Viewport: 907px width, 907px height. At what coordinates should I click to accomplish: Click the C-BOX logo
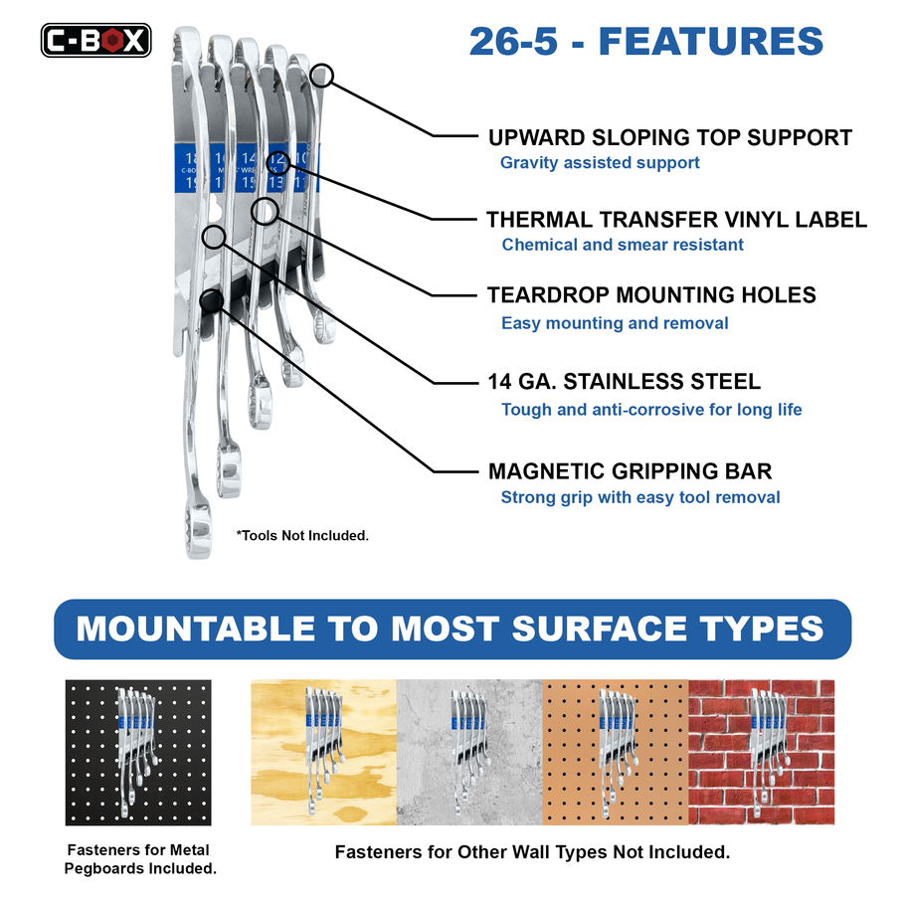(x=95, y=40)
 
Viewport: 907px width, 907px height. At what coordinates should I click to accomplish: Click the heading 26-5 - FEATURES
(x=645, y=42)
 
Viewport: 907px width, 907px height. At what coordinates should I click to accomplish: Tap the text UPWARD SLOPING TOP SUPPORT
(x=669, y=138)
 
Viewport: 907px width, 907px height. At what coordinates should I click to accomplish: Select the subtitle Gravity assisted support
(x=600, y=162)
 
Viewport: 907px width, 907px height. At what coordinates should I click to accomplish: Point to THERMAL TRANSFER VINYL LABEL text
(x=676, y=220)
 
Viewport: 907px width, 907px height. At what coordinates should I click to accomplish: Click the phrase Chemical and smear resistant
(x=623, y=245)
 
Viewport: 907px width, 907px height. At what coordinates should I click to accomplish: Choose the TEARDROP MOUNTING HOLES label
(x=651, y=295)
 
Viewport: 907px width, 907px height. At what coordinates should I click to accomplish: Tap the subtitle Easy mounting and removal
(x=615, y=323)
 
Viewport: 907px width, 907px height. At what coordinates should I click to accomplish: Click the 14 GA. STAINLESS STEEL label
(x=624, y=382)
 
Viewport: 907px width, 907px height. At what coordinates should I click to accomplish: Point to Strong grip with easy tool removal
(x=640, y=497)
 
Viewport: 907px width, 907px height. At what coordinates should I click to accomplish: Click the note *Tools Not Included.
(x=302, y=535)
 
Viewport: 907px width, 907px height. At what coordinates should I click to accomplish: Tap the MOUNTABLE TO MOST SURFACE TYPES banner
(x=453, y=629)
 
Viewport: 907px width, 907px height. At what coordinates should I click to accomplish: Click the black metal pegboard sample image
(x=138, y=752)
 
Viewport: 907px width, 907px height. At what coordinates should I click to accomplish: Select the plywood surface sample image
(x=323, y=752)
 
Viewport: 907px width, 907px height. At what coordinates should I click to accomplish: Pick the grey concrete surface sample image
(x=469, y=752)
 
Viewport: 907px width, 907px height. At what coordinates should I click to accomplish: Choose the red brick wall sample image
(x=761, y=752)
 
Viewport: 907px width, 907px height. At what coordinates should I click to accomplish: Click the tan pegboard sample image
(x=616, y=752)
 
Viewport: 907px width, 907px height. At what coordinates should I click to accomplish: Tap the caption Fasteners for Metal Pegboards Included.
(x=140, y=859)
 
